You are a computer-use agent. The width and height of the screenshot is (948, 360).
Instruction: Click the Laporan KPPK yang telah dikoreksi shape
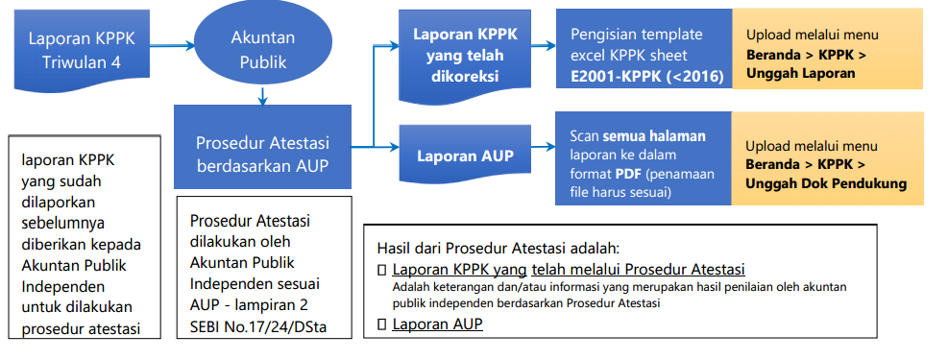coord(465,56)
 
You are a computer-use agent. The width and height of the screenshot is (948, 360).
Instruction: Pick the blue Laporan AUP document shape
coord(465,155)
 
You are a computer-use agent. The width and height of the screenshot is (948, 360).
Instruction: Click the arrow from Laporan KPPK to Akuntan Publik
coord(170,44)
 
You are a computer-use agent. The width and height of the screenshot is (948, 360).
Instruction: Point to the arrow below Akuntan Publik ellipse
coord(262,93)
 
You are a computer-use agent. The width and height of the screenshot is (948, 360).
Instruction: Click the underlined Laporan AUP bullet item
coord(437,324)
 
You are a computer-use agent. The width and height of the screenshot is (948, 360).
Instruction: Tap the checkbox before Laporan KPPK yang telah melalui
coord(382,271)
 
